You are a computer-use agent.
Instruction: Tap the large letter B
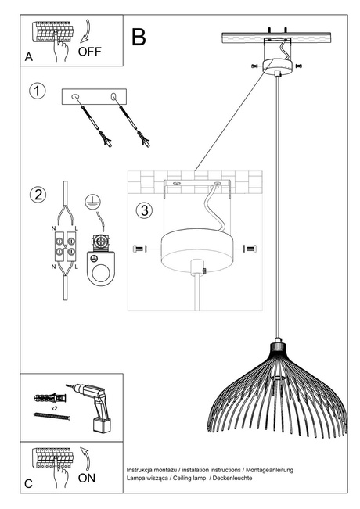click(139, 36)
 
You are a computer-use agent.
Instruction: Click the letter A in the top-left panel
click(29, 57)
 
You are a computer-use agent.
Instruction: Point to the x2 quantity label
click(53, 409)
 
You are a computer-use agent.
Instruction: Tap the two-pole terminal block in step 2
click(63, 249)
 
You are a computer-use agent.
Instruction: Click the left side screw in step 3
click(138, 248)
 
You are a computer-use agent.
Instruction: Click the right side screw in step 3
click(250, 249)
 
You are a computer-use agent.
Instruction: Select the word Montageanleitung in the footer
click(269, 468)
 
